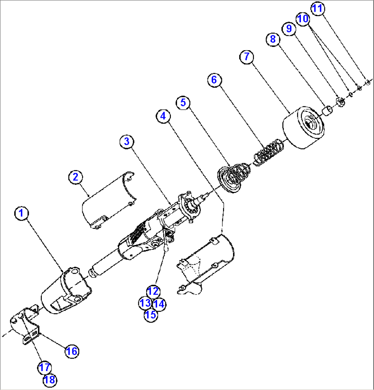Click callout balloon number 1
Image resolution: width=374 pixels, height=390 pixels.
point(21,214)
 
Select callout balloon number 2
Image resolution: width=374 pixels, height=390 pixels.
point(75,177)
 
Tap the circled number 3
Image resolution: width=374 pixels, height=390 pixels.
point(127,141)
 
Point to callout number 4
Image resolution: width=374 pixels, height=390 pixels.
point(163,116)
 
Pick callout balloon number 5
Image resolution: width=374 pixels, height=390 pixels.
point(183,102)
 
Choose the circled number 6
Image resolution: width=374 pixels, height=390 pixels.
point(214,80)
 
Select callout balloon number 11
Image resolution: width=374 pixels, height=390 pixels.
point(318,9)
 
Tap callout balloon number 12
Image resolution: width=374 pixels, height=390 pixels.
point(153,291)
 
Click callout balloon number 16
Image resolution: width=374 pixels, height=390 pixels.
point(72,351)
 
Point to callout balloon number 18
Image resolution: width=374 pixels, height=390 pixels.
point(50,379)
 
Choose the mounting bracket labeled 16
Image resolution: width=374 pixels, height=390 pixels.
point(27,326)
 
